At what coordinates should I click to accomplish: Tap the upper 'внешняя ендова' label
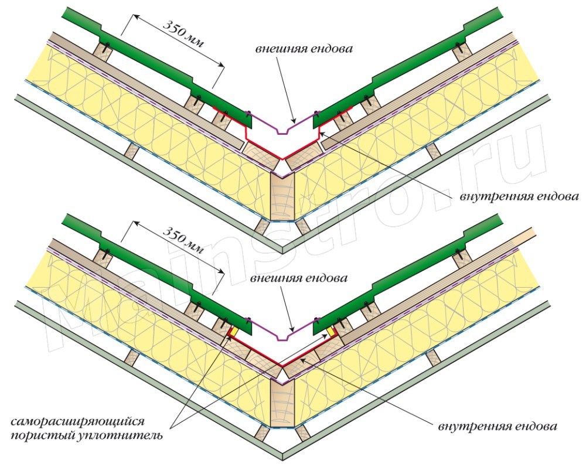click(x=304, y=49)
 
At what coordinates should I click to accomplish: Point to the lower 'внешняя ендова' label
click(x=299, y=278)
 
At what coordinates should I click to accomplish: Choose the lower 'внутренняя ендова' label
click(x=498, y=427)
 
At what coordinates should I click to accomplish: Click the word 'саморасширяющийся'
click(x=77, y=422)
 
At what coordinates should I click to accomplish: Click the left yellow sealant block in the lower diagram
click(x=234, y=332)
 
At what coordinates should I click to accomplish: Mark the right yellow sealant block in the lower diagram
click(x=331, y=332)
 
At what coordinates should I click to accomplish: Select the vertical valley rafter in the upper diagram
click(x=282, y=199)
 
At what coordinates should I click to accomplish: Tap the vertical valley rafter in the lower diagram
click(x=282, y=404)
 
